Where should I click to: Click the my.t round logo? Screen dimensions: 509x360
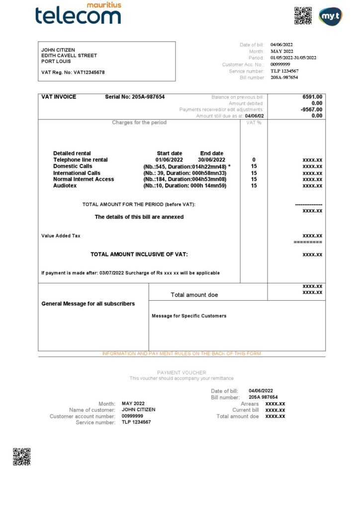click(x=330, y=16)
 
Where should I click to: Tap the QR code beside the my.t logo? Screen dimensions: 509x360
click(x=303, y=15)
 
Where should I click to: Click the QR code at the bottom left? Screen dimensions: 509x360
click(x=21, y=456)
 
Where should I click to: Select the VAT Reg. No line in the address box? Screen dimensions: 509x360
click(x=73, y=73)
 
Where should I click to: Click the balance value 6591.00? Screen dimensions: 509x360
click(x=312, y=97)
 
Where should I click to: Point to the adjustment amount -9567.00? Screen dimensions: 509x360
click(x=311, y=109)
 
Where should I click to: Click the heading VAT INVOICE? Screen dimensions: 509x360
click(x=59, y=97)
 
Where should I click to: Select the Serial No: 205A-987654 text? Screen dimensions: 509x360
click(x=135, y=97)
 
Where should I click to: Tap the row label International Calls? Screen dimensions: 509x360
click(x=77, y=173)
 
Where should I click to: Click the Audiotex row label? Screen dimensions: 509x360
click(x=65, y=185)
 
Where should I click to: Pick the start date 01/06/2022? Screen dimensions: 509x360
click(x=169, y=160)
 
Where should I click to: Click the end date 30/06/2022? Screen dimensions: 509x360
click(x=212, y=160)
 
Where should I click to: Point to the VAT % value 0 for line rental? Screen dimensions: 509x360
click(x=254, y=160)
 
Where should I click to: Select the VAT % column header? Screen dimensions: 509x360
click(x=254, y=122)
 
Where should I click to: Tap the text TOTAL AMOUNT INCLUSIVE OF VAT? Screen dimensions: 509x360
click(x=139, y=254)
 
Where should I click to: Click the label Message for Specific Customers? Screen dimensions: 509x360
click(x=189, y=316)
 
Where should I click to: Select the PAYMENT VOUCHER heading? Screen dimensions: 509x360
click(x=181, y=373)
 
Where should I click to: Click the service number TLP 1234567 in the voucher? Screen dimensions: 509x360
click(x=136, y=422)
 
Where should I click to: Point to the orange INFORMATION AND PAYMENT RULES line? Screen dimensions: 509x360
click(x=181, y=354)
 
